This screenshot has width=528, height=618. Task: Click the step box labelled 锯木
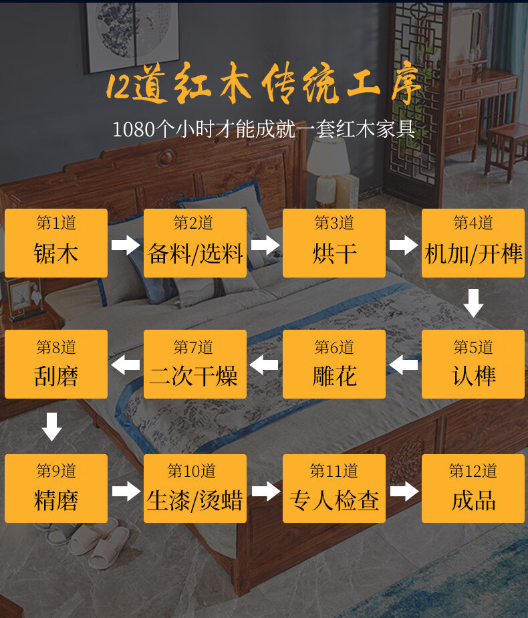pos(56,243)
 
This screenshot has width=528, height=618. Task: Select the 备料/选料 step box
pos(195,243)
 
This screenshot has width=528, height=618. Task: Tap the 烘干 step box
pos(334,243)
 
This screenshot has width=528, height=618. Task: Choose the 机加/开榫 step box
pos(473,243)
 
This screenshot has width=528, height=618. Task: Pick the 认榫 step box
pos(473,364)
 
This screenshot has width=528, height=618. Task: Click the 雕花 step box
pos(334,364)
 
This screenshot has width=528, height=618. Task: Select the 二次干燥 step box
pos(195,364)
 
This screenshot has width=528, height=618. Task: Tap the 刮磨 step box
pos(56,364)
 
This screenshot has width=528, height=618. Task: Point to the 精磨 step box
pos(56,488)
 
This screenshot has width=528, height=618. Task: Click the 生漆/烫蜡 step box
pos(195,488)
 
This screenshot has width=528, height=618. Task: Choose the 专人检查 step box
pos(334,488)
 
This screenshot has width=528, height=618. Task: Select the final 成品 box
pos(473,488)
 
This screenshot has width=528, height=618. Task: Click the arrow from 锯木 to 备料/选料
pos(126,244)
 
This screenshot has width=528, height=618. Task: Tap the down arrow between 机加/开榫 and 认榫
pos(473,303)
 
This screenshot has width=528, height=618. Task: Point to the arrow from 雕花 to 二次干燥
pos(265,365)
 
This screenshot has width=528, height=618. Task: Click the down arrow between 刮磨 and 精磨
pos(51,426)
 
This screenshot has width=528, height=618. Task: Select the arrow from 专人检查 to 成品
pos(404,492)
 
